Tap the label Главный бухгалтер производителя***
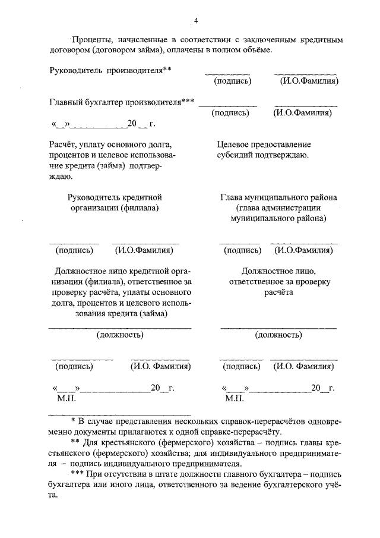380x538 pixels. tap(122, 102)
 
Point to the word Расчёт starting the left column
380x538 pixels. tap(65, 144)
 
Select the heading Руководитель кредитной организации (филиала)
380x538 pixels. tap(115, 202)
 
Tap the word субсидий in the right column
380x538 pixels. tap(236, 155)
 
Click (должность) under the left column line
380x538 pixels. tap(120, 335)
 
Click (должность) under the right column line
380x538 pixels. tap(278, 335)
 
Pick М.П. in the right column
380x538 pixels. tap(235, 398)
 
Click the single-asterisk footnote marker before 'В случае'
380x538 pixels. tap(72, 421)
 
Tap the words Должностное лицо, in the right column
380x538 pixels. tap(278, 271)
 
